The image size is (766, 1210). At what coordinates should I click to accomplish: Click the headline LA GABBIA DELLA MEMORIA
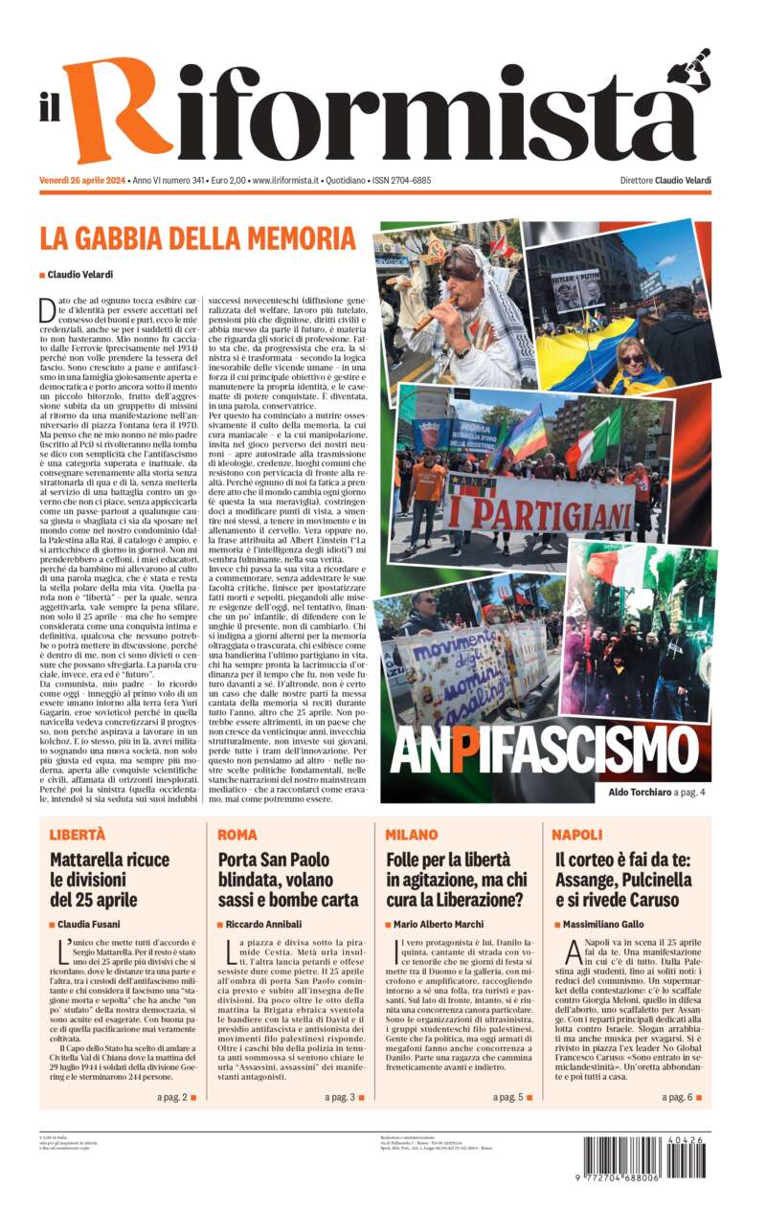197,238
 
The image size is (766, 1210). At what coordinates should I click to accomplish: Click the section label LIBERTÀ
78,835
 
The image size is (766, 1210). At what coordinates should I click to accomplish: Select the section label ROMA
237,835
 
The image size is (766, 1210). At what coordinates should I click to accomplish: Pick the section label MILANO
412,835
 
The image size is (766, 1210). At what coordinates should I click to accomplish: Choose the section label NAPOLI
577,835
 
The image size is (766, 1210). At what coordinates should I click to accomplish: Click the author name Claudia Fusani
97,924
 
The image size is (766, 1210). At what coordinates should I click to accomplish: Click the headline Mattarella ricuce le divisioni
109,879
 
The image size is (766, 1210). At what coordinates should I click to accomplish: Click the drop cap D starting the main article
47,309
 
